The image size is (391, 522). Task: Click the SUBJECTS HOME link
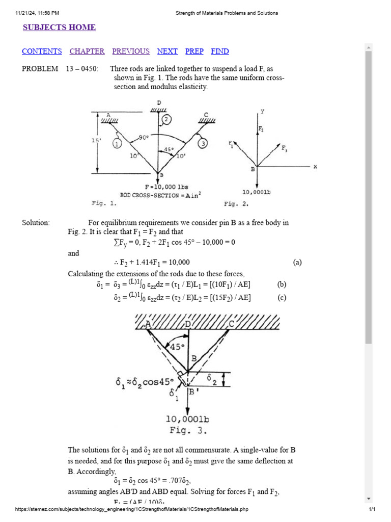point(59,28)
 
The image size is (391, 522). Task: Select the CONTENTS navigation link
point(42,51)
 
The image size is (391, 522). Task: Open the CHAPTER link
point(87,51)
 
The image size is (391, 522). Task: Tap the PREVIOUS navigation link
point(131,51)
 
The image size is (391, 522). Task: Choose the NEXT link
point(167,51)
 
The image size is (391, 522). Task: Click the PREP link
point(194,51)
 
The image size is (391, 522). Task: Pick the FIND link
point(220,51)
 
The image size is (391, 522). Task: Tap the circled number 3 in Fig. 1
point(203,144)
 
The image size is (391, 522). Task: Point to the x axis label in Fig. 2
point(315,167)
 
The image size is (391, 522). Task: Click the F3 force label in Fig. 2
point(284,148)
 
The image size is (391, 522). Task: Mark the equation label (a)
point(297,263)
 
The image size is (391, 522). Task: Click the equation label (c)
point(282,298)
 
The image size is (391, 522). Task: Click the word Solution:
point(36,223)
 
